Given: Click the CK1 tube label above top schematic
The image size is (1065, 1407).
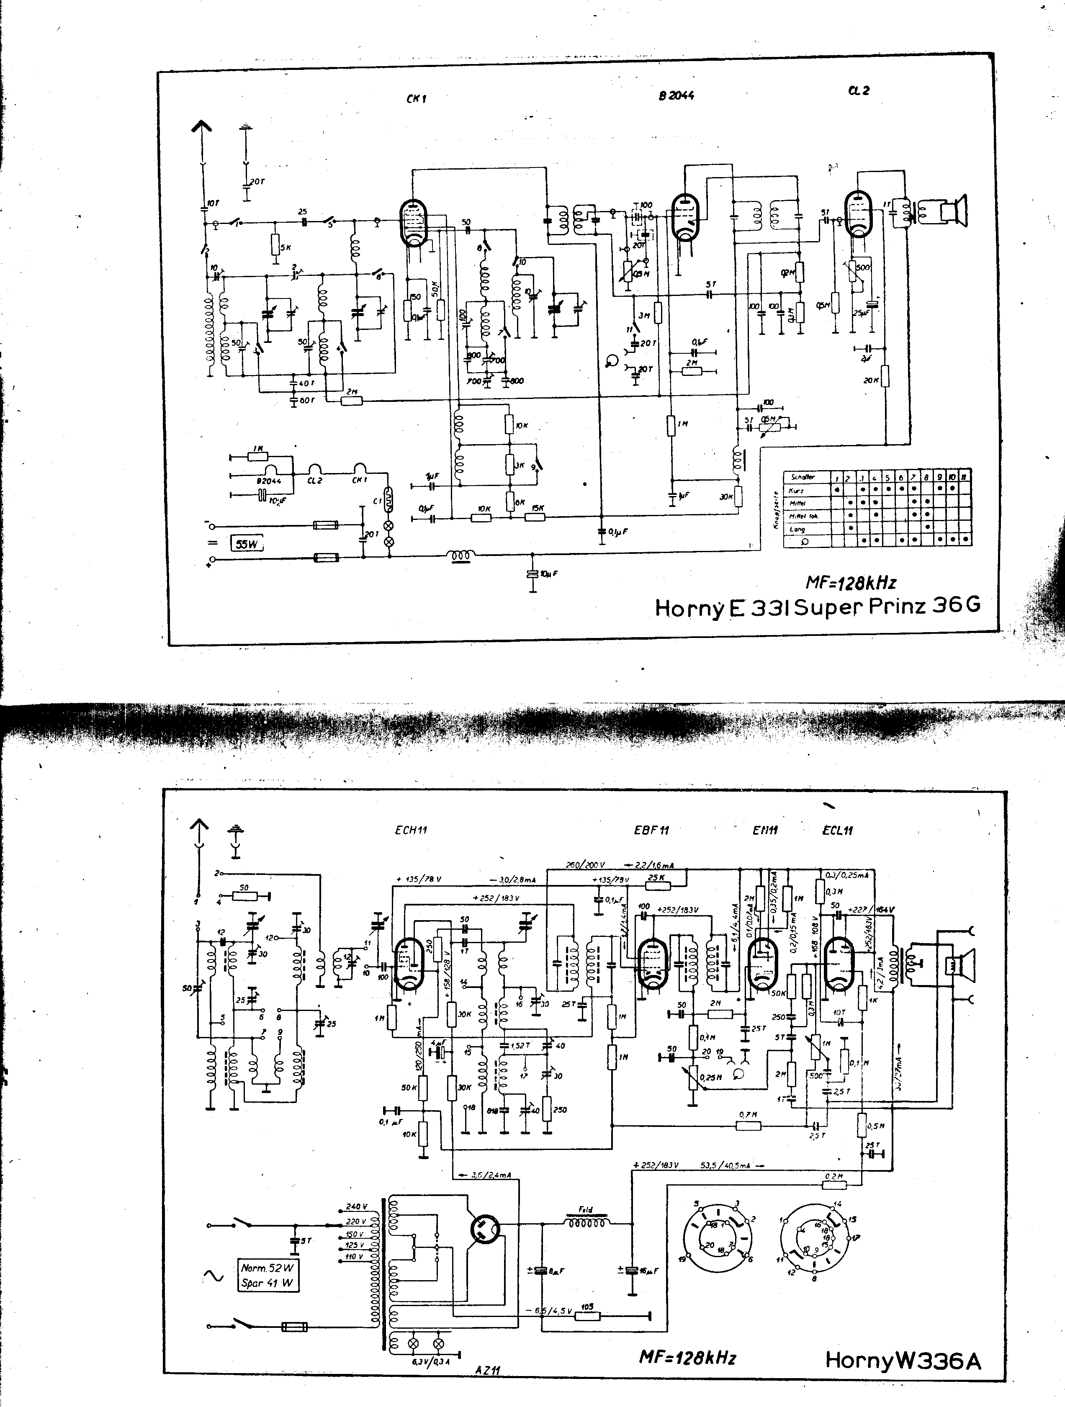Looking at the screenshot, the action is [416, 99].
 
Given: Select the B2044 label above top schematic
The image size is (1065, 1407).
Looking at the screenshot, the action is [676, 95].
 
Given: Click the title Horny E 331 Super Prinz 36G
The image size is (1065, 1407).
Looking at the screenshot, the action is [818, 607].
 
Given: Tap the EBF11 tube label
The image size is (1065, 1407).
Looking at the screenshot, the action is [651, 830].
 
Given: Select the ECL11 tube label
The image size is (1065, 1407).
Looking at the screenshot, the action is [837, 830].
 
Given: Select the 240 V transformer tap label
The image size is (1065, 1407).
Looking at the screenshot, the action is [357, 1206].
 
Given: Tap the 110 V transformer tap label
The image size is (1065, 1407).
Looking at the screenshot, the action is [354, 1256].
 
